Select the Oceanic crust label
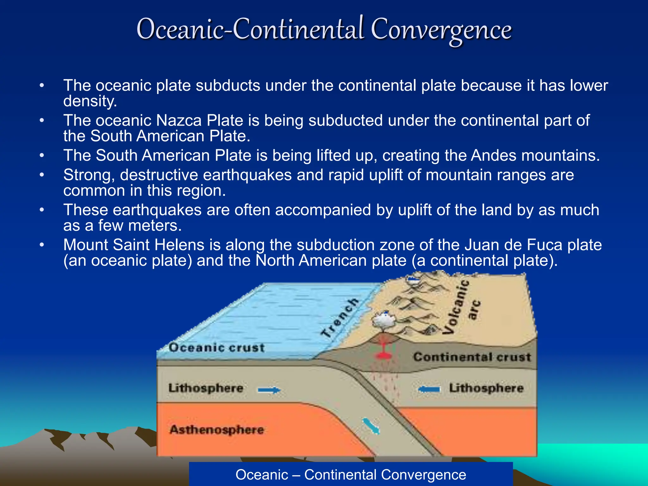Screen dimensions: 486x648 tap(216, 347)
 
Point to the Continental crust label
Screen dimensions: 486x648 tap(472, 357)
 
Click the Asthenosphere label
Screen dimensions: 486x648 tap(216, 430)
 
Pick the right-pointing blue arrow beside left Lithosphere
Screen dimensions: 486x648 tap(269, 390)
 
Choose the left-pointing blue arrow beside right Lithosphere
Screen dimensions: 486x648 tap(429, 389)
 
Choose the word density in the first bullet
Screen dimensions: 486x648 tap(90, 101)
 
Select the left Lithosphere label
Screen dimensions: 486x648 tap(206, 388)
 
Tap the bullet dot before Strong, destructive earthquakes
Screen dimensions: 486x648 tap(42, 175)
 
